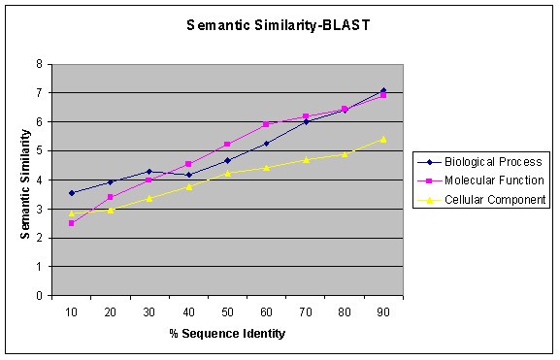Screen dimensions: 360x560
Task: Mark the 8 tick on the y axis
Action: (x=38, y=64)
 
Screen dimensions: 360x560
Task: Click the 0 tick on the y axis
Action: (x=38, y=296)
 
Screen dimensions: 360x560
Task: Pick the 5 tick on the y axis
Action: (x=38, y=150)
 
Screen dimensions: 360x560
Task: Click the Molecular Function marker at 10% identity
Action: (x=71, y=223)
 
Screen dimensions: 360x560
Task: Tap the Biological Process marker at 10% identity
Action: (x=71, y=193)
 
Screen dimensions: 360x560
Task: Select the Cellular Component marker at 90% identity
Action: (x=382, y=139)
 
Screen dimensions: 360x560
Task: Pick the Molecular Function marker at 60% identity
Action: (x=266, y=124)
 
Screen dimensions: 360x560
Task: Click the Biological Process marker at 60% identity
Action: (x=266, y=144)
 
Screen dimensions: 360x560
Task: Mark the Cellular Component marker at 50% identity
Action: (x=227, y=173)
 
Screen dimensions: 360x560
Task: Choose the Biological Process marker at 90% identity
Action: (x=382, y=90)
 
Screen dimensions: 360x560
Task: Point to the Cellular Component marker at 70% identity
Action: (x=305, y=159)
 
